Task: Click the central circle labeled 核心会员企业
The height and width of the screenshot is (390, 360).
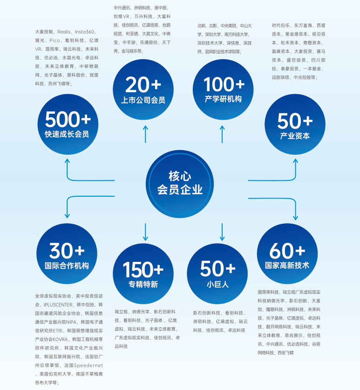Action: pyautogui.click(x=180, y=183)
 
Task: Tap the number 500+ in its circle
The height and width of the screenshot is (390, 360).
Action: pyautogui.click(x=68, y=120)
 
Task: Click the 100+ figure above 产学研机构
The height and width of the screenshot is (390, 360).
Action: pyautogui.click(x=224, y=85)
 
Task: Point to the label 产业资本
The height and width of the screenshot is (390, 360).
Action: pyautogui.click(x=295, y=136)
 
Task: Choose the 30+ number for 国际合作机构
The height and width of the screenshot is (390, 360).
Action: pyautogui.click(x=67, y=251)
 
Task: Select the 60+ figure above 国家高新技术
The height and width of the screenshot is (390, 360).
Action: pyautogui.click(x=287, y=251)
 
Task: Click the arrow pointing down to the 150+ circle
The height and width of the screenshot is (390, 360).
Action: pyautogui.click(x=146, y=232)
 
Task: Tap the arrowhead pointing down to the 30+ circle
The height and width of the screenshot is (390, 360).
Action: pyautogui.click(x=68, y=215)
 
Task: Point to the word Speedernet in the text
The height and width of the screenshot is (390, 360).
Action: pyautogui.click(x=88, y=365)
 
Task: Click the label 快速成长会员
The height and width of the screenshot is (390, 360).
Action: pyautogui.click(x=67, y=134)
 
